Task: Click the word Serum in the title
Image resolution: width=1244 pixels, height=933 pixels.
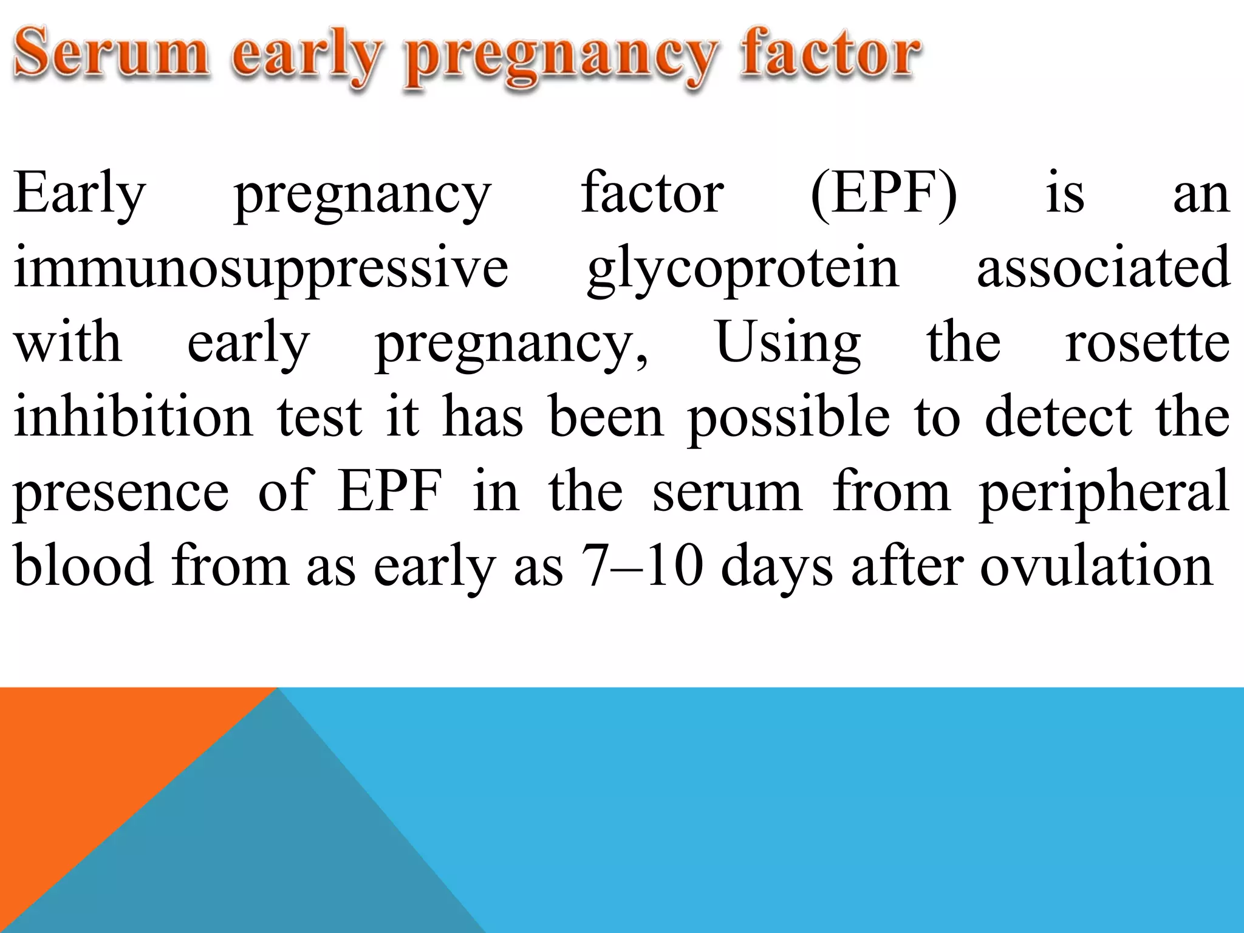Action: click(x=111, y=53)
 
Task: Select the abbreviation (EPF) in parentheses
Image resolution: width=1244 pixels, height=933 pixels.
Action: click(x=884, y=193)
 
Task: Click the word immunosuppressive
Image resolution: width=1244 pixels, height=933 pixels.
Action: click(x=261, y=268)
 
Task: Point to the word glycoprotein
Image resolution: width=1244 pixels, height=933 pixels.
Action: click(x=742, y=268)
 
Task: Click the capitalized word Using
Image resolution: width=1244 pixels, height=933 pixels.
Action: click(x=788, y=344)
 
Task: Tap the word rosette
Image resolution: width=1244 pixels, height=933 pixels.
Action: click(x=1147, y=344)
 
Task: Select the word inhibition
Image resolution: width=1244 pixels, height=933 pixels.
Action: click(x=133, y=417)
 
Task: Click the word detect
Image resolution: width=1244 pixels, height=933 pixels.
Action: click(x=1058, y=417)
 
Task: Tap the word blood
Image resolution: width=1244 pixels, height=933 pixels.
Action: click(x=83, y=566)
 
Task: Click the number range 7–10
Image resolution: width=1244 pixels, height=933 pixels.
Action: click(x=643, y=566)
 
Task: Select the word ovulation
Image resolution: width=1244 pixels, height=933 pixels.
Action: click(x=1096, y=566)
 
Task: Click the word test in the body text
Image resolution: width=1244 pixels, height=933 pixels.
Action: click(x=320, y=417)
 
